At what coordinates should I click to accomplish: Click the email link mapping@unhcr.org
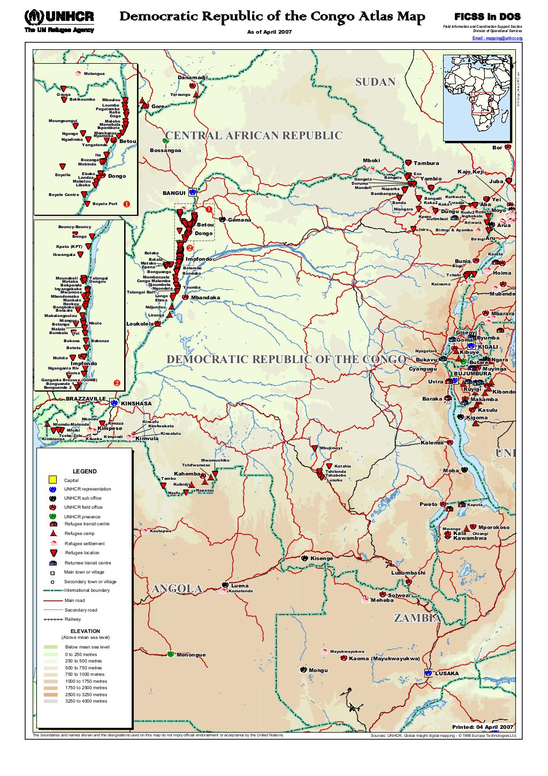[497, 39]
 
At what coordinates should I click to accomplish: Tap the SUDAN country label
[375, 82]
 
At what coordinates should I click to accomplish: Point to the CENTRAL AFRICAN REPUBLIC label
[254, 135]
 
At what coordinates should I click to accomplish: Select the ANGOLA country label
[177, 589]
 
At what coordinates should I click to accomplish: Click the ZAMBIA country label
[417, 618]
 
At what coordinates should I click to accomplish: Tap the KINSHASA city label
[136, 403]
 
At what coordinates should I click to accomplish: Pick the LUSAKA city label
[446, 673]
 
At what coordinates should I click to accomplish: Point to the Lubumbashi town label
[408, 572]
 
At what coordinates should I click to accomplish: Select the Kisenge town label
[322, 558]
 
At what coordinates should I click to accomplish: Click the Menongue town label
[191, 655]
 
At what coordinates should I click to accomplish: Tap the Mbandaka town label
[205, 298]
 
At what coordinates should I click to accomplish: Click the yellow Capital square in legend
[52, 479]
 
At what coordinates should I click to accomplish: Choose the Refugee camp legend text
[79, 533]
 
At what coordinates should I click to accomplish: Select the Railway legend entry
[72, 619]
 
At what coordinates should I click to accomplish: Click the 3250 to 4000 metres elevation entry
[86, 701]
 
